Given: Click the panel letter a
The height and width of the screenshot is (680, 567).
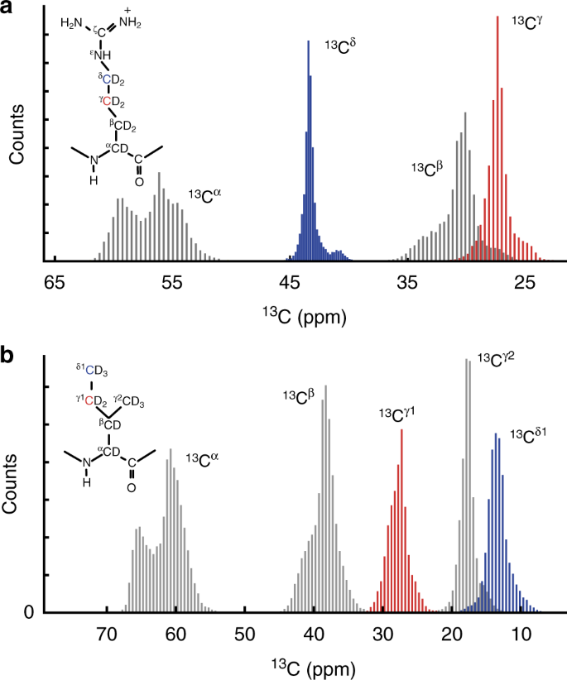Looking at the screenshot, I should click(x=9, y=9).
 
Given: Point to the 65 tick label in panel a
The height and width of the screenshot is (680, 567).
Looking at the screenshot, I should click(x=55, y=283).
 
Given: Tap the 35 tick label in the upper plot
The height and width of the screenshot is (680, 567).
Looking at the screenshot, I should click(x=406, y=283).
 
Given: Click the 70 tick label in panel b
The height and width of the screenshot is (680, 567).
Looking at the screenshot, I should click(x=106, y=635).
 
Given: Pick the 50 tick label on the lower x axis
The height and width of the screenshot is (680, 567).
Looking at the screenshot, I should click(x=244, y=635).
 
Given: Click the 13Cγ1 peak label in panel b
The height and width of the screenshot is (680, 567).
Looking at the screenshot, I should click(x=397, y=413).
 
